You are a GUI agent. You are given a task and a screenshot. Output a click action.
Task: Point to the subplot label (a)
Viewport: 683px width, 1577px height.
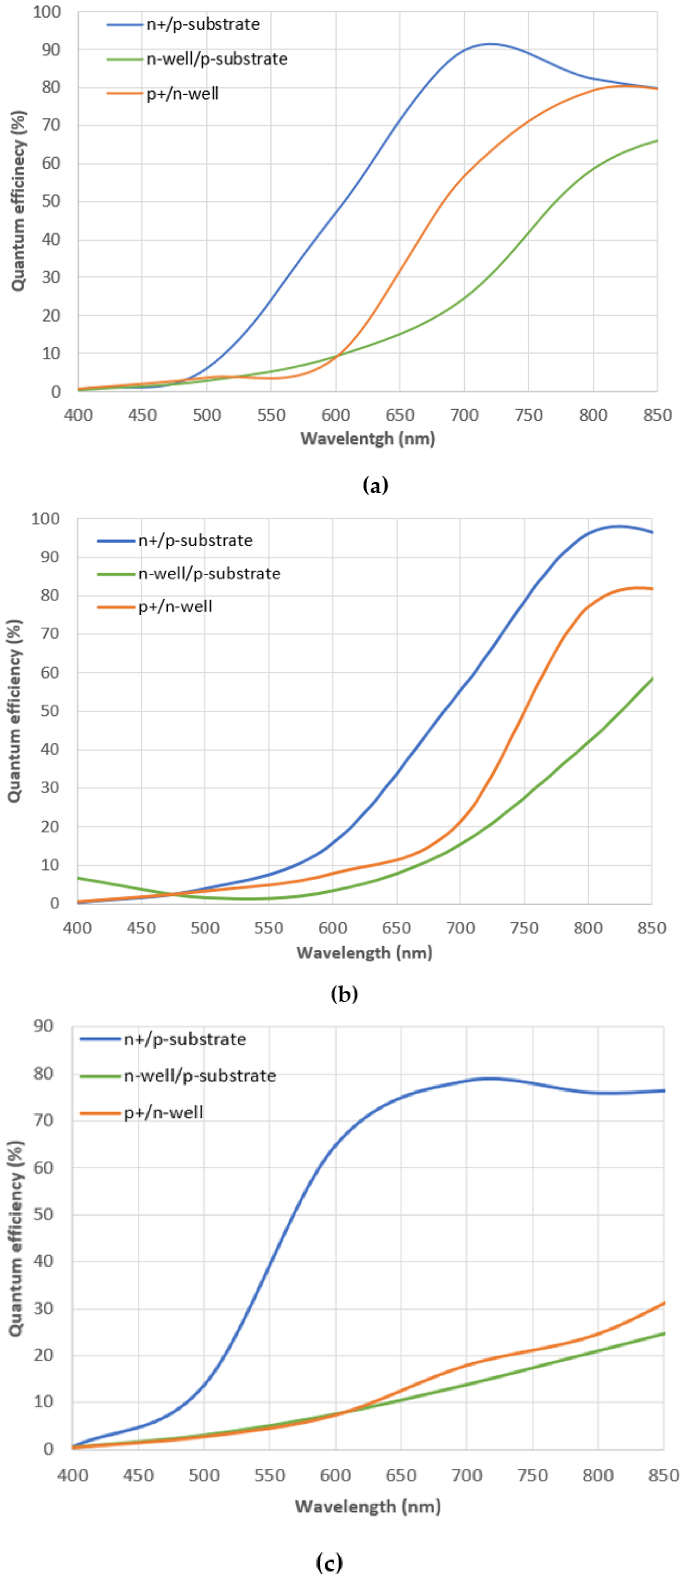click(x=375, y=485)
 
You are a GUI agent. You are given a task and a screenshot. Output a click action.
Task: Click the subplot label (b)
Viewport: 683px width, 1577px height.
click(x=344, y=993)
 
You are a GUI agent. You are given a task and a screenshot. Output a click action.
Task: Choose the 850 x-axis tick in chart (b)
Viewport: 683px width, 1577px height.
click(x=651, y=928)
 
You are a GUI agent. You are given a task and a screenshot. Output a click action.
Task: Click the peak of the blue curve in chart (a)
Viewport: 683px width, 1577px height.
click(x=490, y=44)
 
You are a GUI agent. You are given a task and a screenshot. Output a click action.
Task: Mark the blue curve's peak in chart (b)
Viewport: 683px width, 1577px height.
click(x=618, y=526)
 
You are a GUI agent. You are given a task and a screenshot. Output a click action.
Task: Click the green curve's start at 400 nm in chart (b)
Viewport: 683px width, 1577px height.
click(x=78, y=878)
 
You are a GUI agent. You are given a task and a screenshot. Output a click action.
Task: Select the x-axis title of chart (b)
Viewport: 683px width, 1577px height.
click(x=364, y=953)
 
